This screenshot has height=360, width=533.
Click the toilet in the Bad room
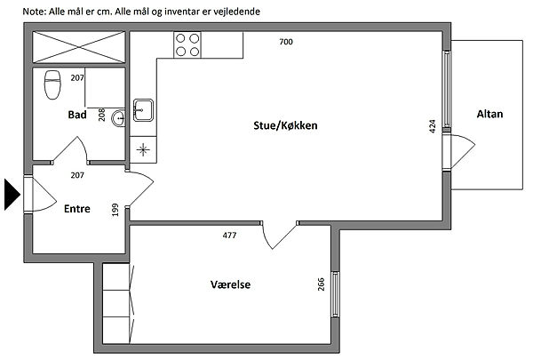pos(52,84)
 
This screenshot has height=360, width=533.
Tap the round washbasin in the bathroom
pos(119,118)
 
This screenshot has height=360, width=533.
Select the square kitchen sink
pos(143,110)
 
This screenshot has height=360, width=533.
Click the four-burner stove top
pos(187,44)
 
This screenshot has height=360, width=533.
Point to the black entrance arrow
pos(12,195)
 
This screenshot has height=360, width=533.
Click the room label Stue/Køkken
pos(285,125)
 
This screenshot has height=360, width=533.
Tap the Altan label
pos(489,114)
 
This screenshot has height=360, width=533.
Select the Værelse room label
pos(230,284)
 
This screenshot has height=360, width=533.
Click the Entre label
pos(77,209)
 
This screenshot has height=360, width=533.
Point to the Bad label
pos(77,115)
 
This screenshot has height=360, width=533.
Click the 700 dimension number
pos(286,42)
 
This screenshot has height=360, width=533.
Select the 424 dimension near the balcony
pos(433,126)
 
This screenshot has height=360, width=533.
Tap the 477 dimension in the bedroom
pos(229,236)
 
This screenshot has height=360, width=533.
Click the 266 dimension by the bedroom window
pos(322,284)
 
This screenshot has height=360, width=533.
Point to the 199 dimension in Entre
pos(115,210)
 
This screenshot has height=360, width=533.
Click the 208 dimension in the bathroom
pos(101,115)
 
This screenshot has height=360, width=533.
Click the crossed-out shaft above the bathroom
pos(79,47)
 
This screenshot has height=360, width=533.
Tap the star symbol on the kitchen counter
pos(143,149)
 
